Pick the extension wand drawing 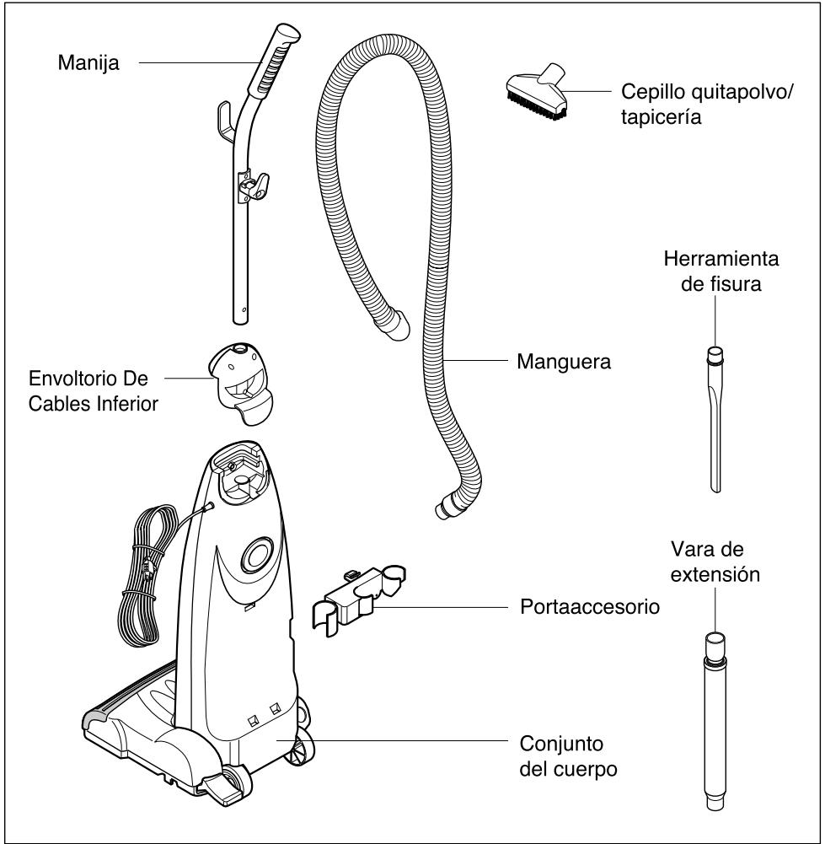715,717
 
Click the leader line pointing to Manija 198,62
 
